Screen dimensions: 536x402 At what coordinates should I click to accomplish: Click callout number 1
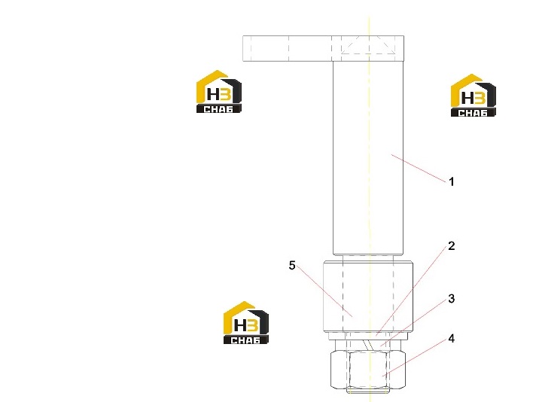(451, 181)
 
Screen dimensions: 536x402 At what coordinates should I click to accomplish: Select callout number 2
(451, 245)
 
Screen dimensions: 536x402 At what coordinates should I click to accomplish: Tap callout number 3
(451, 299)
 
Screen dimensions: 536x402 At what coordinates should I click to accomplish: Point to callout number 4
(451, 339)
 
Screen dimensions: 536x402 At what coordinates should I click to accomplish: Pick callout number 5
(292, 265)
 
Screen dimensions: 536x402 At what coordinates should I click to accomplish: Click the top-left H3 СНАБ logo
(219, 92)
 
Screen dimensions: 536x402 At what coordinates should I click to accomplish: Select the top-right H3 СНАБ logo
(473, 96)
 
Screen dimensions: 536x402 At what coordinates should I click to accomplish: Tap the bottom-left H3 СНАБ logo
(246, 323)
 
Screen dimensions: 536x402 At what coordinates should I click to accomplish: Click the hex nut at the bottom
(368, 370)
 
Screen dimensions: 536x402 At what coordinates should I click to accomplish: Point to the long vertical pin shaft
(368, 158)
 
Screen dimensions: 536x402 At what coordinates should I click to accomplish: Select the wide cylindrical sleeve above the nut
(368, 297)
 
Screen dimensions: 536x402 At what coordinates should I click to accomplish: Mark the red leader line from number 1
(419, 168)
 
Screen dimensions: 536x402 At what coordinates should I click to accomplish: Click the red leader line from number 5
(324, 291)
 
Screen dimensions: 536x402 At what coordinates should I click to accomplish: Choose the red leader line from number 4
(415, 358)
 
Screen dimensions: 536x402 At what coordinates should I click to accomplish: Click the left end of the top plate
(243, 48)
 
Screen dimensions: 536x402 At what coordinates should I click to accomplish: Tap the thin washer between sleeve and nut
(368, 337)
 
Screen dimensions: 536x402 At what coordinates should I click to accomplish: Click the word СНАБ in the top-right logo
(473, 113)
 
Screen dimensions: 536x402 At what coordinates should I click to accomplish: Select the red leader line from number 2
(412, 291)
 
